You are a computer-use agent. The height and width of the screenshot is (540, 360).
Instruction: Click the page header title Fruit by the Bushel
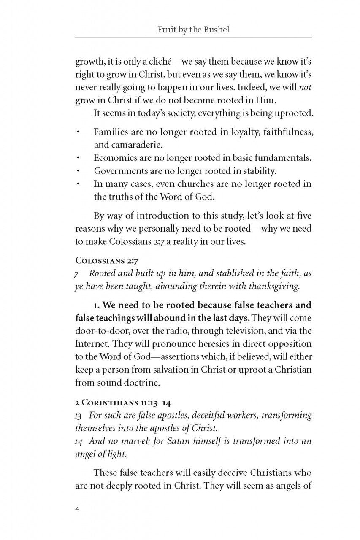point(193,30)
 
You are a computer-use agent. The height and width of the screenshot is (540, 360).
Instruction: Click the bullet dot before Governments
point(78,172)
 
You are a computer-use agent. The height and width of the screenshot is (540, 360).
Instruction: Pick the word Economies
point(114,158)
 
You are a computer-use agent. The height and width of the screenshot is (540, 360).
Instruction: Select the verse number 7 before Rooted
point(77,274)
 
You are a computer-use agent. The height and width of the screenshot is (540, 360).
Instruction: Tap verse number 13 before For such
point(79,415)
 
